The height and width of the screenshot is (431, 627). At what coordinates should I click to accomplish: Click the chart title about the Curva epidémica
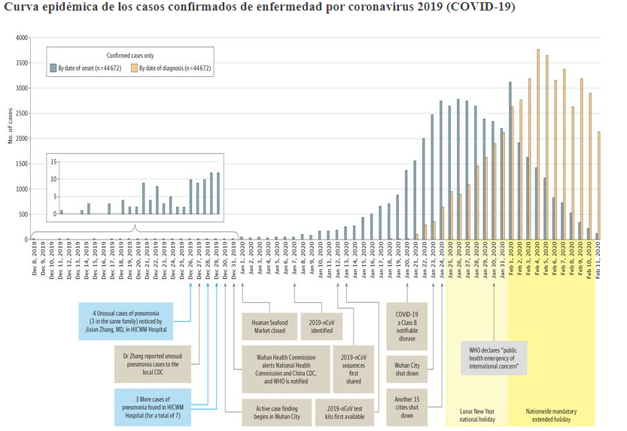tap(260, 7)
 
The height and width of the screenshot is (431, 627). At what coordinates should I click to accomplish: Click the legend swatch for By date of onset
tap(53, 68)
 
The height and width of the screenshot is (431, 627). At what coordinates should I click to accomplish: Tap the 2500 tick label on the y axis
tap(22, 114)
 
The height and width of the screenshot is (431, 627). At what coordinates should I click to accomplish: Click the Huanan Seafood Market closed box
tap(269, 326)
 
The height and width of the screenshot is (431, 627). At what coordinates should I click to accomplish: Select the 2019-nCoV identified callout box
tap(321, 326)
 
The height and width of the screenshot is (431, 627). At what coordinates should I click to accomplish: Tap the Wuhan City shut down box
tap(407, 369)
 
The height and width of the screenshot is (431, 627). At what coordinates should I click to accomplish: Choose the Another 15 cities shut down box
tap(407, 407)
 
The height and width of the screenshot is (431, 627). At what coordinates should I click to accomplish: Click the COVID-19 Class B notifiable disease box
tap(407, 326)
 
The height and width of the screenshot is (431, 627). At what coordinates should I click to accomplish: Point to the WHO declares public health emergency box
tap(494, 359)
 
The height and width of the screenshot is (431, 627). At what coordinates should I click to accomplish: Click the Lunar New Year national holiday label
tap(476, 414)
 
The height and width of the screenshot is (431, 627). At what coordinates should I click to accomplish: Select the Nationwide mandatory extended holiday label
tap(551, 414)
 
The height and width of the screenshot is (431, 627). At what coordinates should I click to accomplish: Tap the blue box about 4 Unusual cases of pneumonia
tap(126, 321)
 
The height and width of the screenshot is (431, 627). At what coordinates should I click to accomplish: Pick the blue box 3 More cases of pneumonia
tap(153, 406)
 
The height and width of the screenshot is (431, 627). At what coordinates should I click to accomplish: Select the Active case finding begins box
tap(272, 411)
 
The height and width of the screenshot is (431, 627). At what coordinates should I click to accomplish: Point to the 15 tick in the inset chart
tap(53, 161)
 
